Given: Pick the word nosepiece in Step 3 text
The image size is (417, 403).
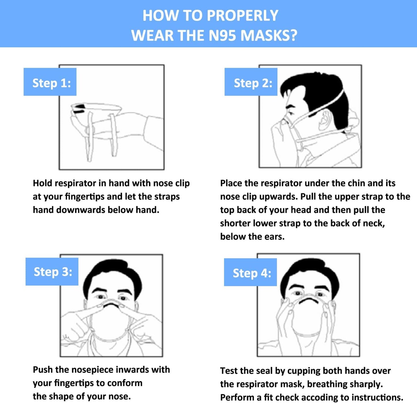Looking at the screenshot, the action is pos(92,369).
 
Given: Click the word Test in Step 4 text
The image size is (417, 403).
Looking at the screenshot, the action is pos(228,371).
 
